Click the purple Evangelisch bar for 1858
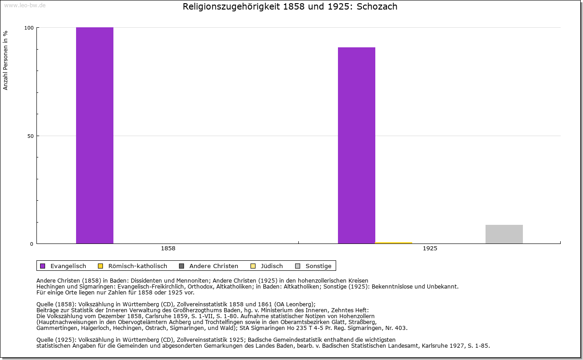[x=95, y=135]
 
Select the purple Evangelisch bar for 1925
[x=356, y=145]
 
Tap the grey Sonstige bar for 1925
[x=504, y=234]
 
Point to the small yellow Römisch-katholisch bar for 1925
[x=394, y=243]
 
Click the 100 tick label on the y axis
[x=29, y=28]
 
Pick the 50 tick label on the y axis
[x=30, y=136]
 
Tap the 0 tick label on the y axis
[x=31, y=244]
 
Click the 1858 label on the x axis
[x=168, y=248]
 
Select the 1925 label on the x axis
[x=430, y=248]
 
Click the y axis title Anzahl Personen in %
[x=5, y=60]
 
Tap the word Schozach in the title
[x=377, y=7]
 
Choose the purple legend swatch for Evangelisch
[x=43, y=266]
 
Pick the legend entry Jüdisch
[x=272, y=266]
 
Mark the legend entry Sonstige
[x=318, y=266]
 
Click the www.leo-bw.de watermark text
[x=25, y=5]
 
